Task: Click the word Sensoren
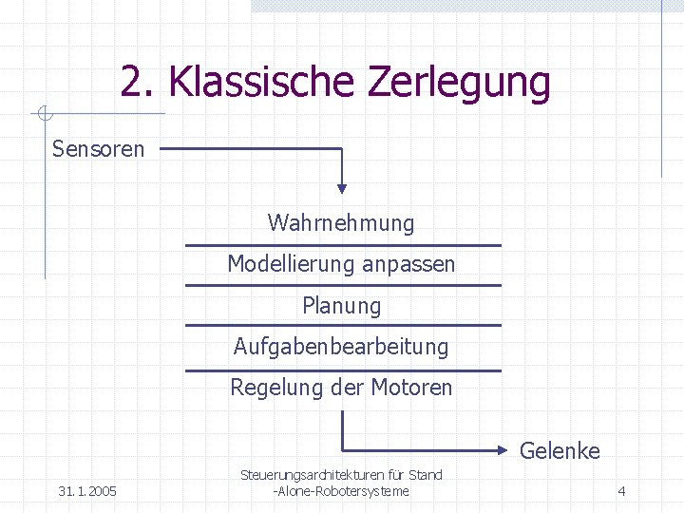click(x=98, y=149)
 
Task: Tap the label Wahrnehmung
click(x=341, y=223)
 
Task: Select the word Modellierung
click(x=284, y=264)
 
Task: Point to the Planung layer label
click(x=341, y=306)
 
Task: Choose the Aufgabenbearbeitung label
click(x=341, y=347)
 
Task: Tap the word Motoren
click(x=411, y=388)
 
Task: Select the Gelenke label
click(x=560, y=451)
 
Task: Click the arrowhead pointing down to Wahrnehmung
click(x=342, y=186)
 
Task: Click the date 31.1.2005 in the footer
click(x=87, y=491)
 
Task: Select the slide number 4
click(x=621, y=491)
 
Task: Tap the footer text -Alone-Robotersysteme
click(x=341, y=491)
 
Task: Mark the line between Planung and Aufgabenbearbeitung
click(x=342, y=325)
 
